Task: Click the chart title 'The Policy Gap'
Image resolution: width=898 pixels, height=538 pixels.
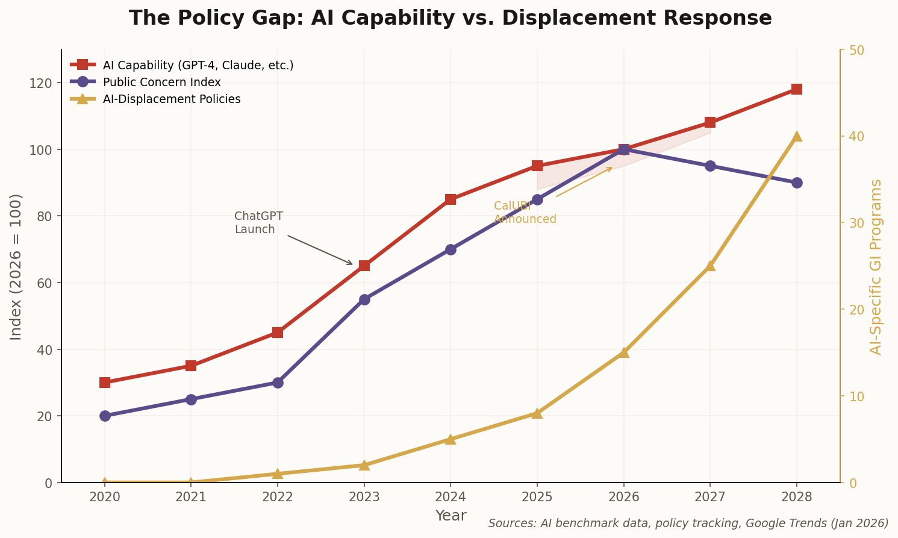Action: point(450,18)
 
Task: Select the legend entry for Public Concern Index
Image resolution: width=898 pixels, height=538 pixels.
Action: point(161,82)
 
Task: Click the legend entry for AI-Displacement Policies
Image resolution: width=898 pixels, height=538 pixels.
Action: point(171,99)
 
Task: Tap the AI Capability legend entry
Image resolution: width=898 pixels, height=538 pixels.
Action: point(198,65)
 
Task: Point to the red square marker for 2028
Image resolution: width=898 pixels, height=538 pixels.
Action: point(796,89)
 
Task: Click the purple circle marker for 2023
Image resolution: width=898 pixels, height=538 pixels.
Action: point(364,299)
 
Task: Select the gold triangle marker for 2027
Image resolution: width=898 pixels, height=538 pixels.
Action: point(710,266)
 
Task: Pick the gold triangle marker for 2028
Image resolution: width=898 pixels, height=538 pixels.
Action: point(796,136)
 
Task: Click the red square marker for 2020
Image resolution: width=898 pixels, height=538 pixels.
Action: point(105,383)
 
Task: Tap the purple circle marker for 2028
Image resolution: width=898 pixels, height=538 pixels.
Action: point(796,183)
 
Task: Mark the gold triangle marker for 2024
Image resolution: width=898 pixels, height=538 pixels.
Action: point(451,439)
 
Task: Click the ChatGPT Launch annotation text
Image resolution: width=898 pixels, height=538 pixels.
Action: point(258,223)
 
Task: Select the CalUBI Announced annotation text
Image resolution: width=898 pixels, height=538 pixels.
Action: point(525,213)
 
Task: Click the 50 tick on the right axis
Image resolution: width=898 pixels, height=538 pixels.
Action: point(856,49)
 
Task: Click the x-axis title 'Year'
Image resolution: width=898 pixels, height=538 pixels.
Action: point(451,516)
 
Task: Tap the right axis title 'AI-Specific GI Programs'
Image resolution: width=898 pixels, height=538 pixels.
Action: point(876,266)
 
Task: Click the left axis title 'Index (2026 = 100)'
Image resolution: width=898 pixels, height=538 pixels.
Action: point(16,266)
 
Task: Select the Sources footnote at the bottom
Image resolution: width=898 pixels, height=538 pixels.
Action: point(688,523)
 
